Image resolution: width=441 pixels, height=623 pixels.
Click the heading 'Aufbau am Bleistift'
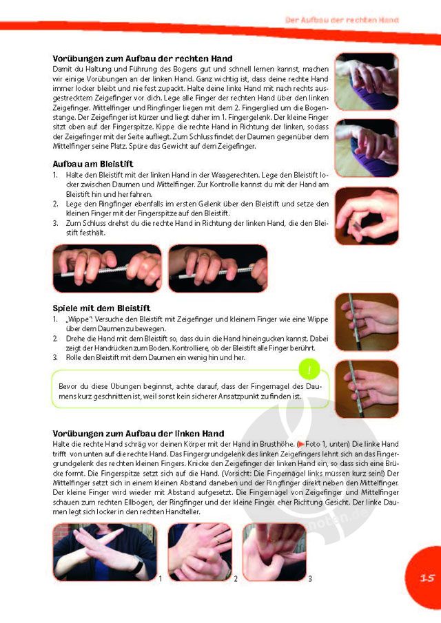tap(93, 164)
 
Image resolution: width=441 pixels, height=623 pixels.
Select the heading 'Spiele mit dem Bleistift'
tap(102, 308)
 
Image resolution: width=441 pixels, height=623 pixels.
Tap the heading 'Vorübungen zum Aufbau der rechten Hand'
tap(143, 59)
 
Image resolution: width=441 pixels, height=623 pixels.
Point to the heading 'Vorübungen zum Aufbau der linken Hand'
tap(139, 434)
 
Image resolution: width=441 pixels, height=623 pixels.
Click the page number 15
tap(427, 578)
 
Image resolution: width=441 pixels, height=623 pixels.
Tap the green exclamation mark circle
tap(309, 370)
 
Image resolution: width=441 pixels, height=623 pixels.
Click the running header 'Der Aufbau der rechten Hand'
tap(342, 20)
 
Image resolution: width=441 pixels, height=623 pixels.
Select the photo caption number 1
tap(161, 579)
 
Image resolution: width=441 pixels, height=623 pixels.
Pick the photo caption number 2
tap(236, 579)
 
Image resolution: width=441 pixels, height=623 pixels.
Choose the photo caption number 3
tap(310, 579)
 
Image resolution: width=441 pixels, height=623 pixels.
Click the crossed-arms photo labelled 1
tap(105, 552)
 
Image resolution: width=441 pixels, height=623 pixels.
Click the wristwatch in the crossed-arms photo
tap(138, 565)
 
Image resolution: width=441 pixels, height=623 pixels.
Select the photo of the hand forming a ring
tap(367, 216)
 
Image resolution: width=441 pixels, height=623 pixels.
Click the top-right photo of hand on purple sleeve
tap(367, 81)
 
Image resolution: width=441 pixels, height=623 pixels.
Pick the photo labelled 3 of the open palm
tap(274, 552)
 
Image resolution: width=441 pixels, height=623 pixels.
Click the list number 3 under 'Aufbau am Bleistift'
tap(55, 223)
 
